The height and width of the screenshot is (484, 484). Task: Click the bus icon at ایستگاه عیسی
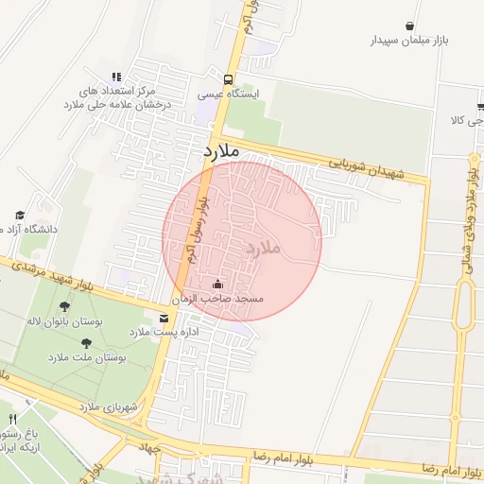[x=228, y=79]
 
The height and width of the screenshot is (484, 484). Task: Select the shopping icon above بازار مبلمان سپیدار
[x=408, y=26]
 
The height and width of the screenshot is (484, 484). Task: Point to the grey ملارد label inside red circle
[x=264, y=248]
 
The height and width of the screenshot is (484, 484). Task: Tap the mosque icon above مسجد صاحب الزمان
[x=218, y=284]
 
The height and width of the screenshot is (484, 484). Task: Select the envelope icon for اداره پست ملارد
[x=164, y=319]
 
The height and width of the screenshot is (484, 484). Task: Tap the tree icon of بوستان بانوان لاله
[x=64, y=306]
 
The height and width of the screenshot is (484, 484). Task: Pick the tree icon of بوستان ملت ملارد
[x=87, y=344]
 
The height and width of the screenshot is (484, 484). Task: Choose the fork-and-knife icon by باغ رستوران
[x=12, y=419]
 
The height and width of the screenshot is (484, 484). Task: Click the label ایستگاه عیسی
[x=221, y=95]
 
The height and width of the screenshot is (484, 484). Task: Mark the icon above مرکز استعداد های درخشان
[x=116, y=78]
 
